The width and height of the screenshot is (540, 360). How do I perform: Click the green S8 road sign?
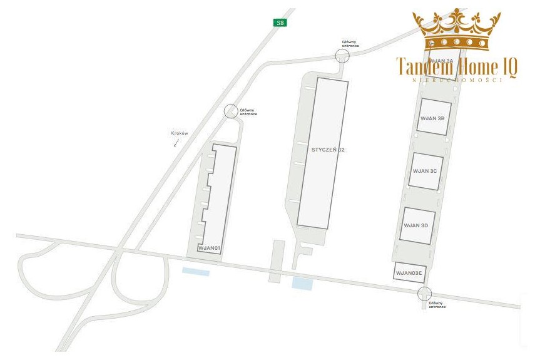pyautogui.click(x=280, y=23)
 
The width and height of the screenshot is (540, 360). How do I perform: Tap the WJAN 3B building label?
pyautogui.click(x=433, y=118)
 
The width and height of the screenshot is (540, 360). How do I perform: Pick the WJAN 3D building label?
pyautogui.click(x=415, y=225)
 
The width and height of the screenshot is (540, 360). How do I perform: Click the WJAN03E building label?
pyautogui.click(x=409, y=273)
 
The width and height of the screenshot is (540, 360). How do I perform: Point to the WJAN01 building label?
pyautogui.click(x=210, y=249)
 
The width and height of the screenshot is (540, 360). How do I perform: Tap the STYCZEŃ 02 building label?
pyautogui.click(x=328, y=150)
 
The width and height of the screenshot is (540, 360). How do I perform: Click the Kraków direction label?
pyautogui.click(x=180, y=133)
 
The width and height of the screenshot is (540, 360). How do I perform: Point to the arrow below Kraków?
pyautogui.click(x=176, y=143)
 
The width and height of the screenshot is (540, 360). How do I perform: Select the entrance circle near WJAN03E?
pyautogui.click(x=425, y=294)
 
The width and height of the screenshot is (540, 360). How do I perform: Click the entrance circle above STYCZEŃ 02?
pyautogui.click(x=342, y=56)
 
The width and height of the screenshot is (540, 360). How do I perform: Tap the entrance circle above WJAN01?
pyautogui.click(x=231, y=111)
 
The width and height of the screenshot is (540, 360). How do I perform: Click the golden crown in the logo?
pyautogui.click(x=457, y=29)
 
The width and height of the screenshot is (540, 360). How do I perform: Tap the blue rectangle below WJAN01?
pyautogui.click(x=195, y=272)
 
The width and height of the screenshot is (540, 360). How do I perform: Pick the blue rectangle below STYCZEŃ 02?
pyautogui.click(x=302, y=283)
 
